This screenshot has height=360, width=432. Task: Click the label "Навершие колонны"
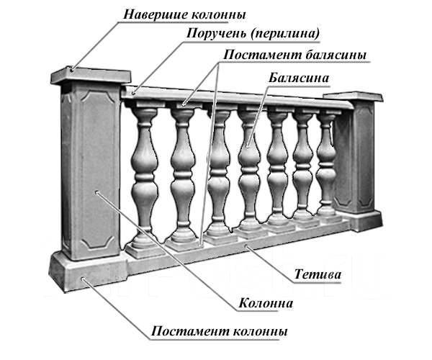[x=184, y=14]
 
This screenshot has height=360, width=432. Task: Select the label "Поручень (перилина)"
[x=253, y=34]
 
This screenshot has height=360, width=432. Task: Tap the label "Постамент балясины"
[x=294, y=55]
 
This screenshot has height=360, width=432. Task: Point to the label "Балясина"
[x=299, y=78]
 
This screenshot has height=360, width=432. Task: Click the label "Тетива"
[x=318, y=274]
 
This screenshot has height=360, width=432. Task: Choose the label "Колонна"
[x=266, y=303]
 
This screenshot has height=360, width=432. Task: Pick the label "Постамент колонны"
[x=219, y=330]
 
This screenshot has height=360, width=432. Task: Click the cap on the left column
[x=91, y=75]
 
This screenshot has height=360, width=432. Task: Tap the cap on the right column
[x=354, y=97]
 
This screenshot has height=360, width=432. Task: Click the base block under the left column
[x=89, y=271]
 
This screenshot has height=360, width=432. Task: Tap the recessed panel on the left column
[x=98, y=168]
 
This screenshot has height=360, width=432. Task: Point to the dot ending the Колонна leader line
[x=96, y=192]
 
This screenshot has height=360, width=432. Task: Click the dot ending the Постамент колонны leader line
[x=82, y=279]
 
